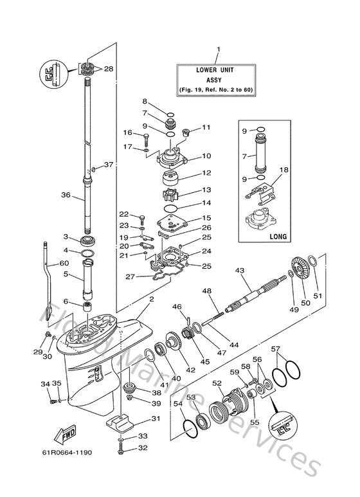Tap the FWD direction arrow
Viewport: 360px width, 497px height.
point(67,438)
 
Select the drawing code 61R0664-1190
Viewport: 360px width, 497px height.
point(69,452)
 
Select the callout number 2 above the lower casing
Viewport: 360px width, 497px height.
point(151,300)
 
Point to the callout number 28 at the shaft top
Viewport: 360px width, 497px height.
point(108,69)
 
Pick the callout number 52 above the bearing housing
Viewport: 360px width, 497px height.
point(217,383)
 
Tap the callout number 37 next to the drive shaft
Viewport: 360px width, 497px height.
point(108,165)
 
